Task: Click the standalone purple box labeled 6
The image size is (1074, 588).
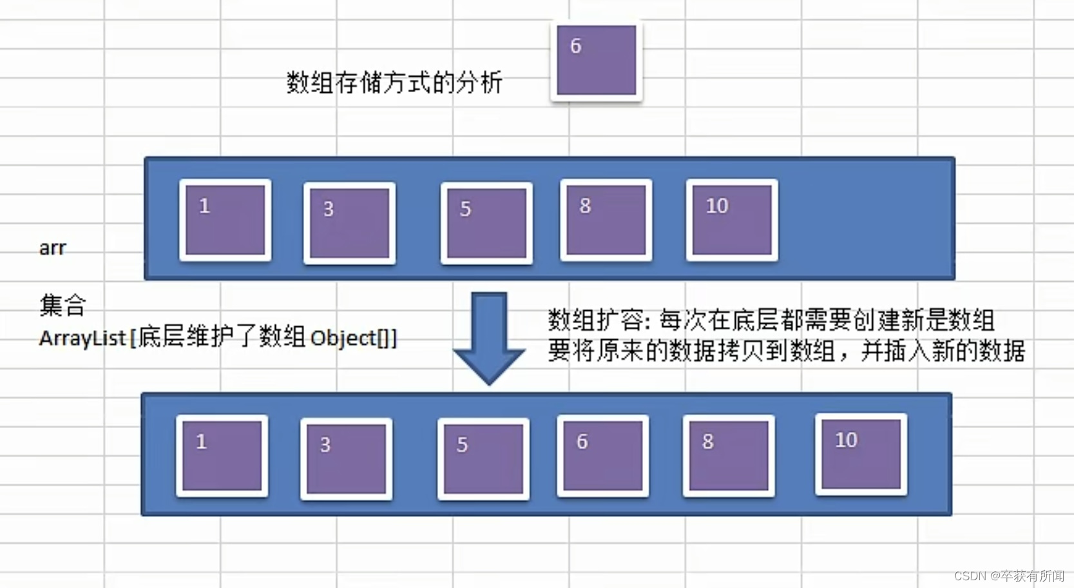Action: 596,61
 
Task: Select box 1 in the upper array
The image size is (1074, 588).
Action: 225,220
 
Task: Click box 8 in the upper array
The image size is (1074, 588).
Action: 606,220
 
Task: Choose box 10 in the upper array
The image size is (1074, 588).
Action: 732,220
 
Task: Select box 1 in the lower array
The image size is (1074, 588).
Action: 222,456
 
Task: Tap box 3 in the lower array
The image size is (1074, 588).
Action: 346,459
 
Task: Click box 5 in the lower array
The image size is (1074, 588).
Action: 483,459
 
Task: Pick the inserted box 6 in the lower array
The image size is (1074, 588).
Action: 602,456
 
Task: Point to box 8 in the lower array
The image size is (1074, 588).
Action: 728,456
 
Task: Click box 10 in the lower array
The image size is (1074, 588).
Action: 861,455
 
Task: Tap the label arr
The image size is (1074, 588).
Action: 52,248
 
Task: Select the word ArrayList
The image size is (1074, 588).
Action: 82,338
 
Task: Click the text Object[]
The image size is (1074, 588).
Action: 350,338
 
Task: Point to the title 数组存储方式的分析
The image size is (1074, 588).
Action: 394,83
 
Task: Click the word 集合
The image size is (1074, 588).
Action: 62,305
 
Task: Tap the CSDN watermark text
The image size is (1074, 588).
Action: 1008,576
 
